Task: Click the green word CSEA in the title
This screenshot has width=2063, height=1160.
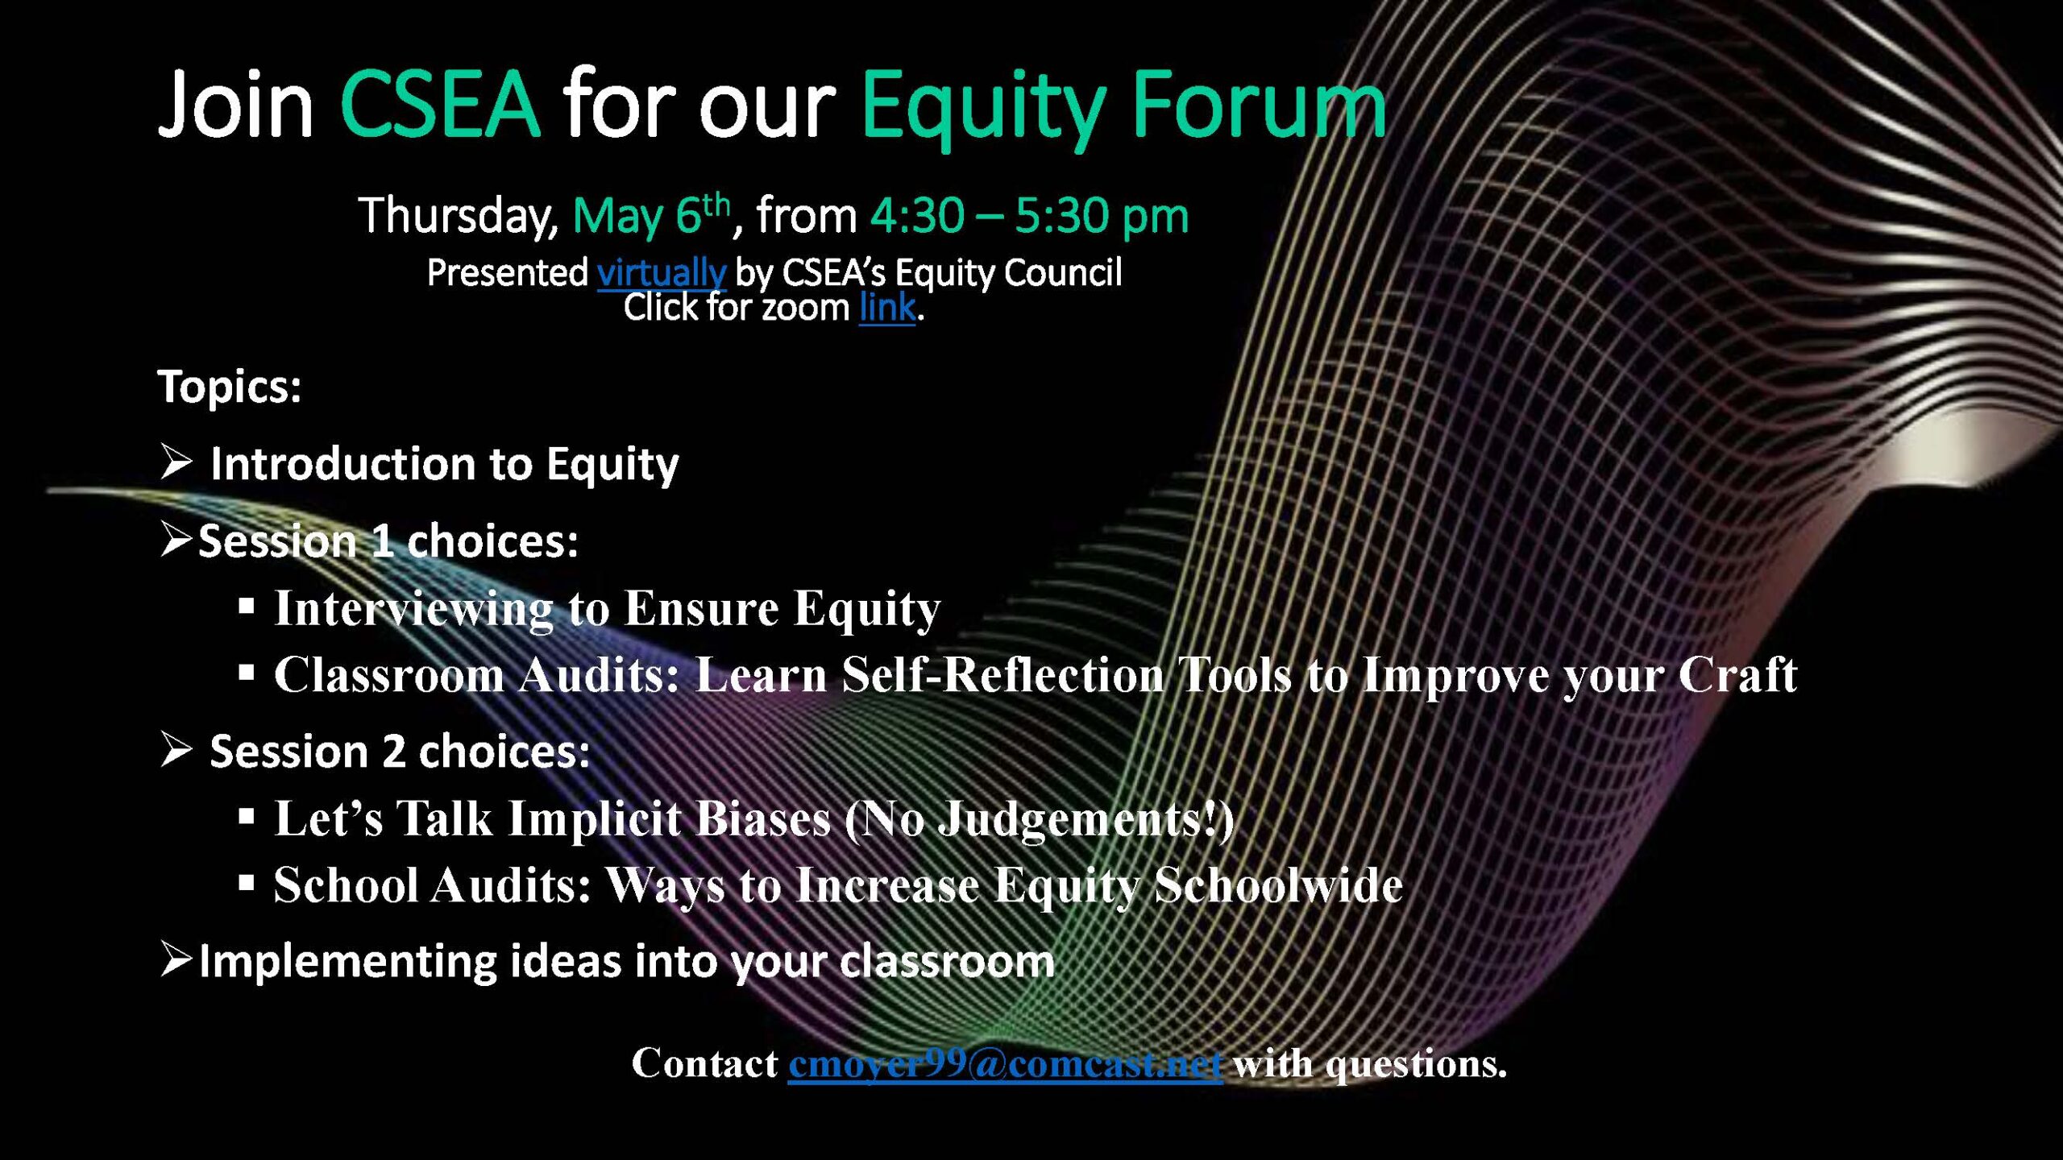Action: (440, 105)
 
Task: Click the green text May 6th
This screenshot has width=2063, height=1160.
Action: (651, 215)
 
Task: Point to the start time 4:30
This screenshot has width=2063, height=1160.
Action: (917, 216)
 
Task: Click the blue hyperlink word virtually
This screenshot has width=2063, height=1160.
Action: (662, 273)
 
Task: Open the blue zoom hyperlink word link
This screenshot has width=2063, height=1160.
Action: (887, 307)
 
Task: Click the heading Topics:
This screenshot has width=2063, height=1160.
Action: (230, 387)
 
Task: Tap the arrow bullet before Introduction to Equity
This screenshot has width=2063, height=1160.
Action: (176, 462)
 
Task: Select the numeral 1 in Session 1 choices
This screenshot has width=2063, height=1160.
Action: (383, 541)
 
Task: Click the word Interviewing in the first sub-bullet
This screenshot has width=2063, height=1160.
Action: (413, 609)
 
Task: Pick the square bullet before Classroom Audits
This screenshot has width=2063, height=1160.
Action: (247, 672)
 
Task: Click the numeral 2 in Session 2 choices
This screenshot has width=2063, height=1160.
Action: (393, 752)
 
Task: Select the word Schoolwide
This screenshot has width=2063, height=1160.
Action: (1279, 885)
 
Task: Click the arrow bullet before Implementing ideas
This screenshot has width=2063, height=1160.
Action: (176, 959)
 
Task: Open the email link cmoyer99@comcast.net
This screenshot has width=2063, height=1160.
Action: (1006, 1064)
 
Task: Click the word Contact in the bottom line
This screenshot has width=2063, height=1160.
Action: (705, 1063)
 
